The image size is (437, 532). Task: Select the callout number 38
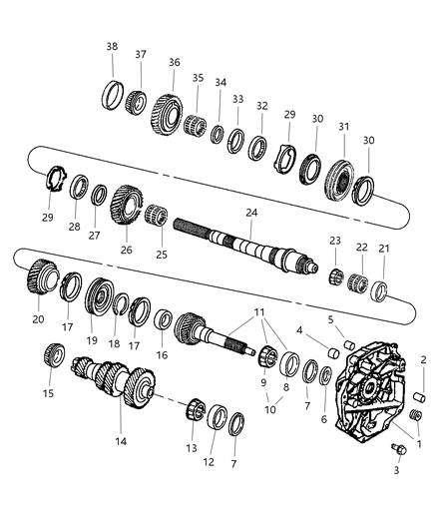tap(113, 46)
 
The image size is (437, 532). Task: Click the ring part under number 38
tap(117, 97)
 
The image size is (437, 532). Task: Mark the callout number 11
tap(260, 312)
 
